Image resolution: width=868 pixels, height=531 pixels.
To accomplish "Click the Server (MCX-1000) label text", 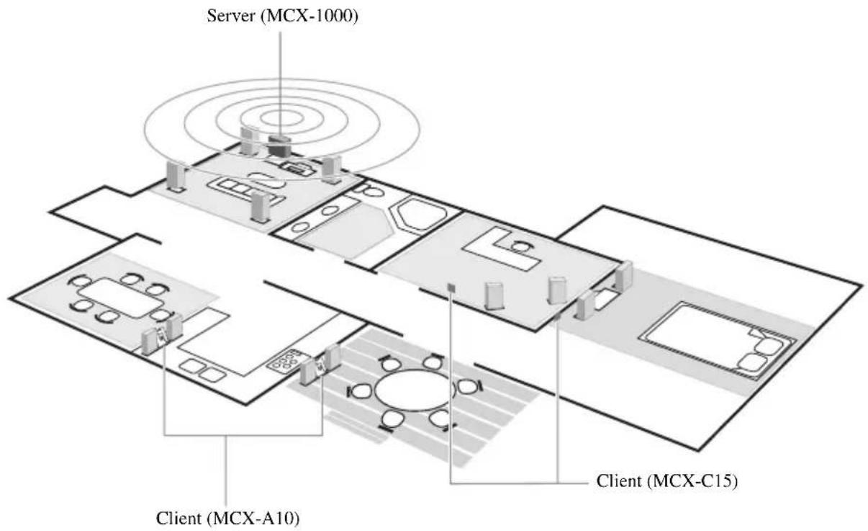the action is [282, 17].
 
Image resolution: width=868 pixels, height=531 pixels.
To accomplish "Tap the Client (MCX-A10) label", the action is [227, 518].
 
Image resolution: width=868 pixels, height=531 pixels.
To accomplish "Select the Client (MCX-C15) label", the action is [667, 481].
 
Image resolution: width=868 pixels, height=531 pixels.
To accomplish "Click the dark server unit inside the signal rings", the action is [280, 146].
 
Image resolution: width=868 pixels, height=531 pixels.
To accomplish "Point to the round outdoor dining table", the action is [414, 391].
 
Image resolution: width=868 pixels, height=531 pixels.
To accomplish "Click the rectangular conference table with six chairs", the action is [121, 298].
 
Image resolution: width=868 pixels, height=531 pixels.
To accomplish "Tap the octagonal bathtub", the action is [418, 215].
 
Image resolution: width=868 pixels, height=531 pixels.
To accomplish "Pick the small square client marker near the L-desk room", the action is [451, 287].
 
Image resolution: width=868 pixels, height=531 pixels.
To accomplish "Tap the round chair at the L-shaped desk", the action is [520, 246].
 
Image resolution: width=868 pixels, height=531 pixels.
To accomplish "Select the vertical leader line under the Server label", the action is [280, 84].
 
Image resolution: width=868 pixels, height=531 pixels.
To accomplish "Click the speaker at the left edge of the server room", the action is [176, 177].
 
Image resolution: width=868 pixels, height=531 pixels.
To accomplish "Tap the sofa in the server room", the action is [245, 192].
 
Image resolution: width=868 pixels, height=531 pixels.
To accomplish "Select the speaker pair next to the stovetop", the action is [320, 365].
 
